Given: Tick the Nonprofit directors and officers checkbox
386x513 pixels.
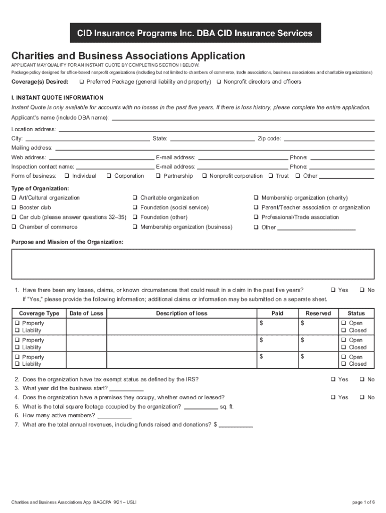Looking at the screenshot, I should [219, 82].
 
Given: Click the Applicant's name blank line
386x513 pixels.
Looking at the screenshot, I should [243, 119].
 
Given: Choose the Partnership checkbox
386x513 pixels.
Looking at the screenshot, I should [158, 176].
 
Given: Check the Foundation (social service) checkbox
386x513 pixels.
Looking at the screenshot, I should [135, 207].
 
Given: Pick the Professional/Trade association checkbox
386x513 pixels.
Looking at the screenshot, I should [256, 217].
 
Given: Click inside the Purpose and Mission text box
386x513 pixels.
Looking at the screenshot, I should [193, 264].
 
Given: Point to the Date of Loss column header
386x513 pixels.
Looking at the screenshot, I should [86, 313].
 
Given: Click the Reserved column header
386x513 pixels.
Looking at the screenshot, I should [318, 313].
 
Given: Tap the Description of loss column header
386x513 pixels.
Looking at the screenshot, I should [181, 313].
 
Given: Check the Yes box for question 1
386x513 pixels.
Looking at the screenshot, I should [333, 290].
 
